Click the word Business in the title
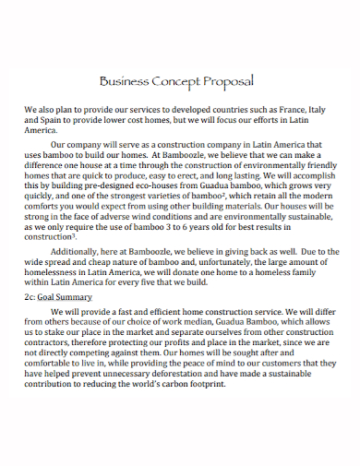(x=125, y=80)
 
